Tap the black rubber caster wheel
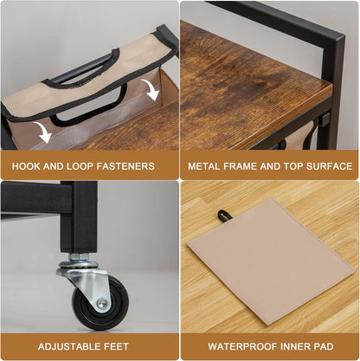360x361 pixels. tap(100, 303)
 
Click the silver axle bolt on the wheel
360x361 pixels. tap(102, 303)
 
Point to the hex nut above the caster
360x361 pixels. tap(79, 256)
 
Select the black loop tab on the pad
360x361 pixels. tap(222, 216)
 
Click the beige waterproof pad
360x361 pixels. tap(270, 261)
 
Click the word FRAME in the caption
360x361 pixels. tap(241, 166)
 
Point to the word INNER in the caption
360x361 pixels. tap(295, 346)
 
